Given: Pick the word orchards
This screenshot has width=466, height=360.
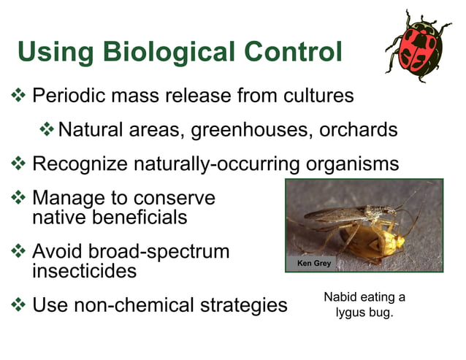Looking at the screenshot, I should point(358,130).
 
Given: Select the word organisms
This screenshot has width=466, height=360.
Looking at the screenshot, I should point(352,164).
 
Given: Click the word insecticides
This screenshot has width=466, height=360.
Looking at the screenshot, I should point(85,271).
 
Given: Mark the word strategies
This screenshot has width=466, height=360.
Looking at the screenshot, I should point(245,305).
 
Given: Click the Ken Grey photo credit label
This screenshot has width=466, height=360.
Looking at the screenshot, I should point(313,262).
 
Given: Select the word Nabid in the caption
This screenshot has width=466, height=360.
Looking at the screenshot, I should point(338,297).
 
